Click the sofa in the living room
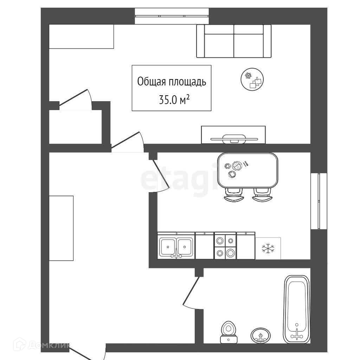[234, 41]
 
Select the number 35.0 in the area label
[167, 101]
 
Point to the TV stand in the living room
[233, 135]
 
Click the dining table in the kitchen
[248, 170]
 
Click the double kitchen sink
[176, 247]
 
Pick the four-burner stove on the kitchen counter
[225, 247]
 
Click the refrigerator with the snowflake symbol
[268, 248]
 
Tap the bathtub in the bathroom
[297, 309]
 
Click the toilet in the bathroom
[228, 332]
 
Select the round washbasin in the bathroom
[261, 335]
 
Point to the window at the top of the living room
[172, 16]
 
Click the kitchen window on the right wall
[319, 201]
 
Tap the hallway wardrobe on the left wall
[61, 228]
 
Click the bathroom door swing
[191, 292]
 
